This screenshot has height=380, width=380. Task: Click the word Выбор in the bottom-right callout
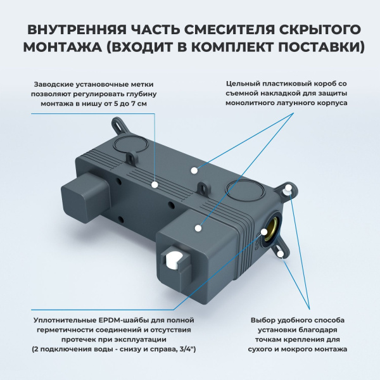[x=263, y=319]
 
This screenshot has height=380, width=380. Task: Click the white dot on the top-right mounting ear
[x=289, y=188]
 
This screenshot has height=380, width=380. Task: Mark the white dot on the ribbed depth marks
[x=156, y=184]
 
